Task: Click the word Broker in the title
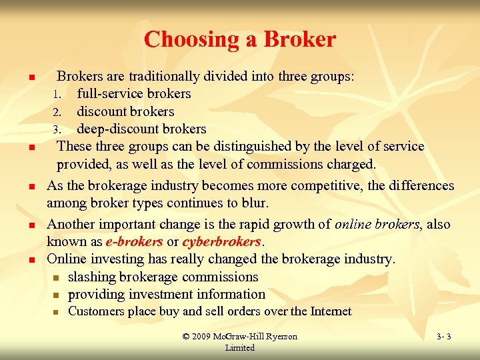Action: click(299, 40)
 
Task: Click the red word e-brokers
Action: click(134, 241)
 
